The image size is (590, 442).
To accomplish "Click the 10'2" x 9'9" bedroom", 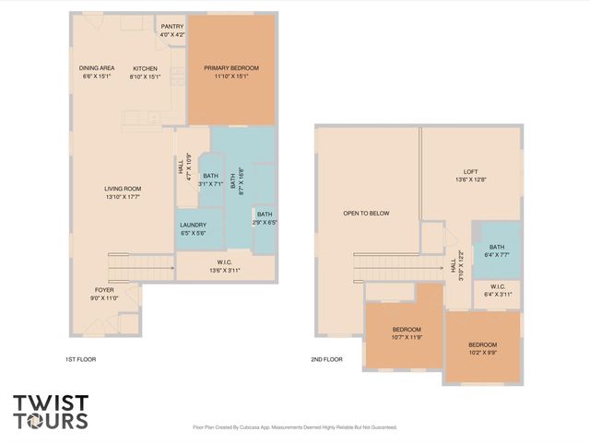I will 483,349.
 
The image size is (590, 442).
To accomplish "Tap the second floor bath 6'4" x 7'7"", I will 497,250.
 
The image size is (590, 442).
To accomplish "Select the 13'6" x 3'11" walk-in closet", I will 225,268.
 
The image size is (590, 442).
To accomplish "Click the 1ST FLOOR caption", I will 81,359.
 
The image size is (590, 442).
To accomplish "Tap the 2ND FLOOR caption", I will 327,359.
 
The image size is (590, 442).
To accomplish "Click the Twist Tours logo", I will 51,412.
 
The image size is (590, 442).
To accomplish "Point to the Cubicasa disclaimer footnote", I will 294,427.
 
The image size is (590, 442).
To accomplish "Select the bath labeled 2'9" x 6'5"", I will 264,217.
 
